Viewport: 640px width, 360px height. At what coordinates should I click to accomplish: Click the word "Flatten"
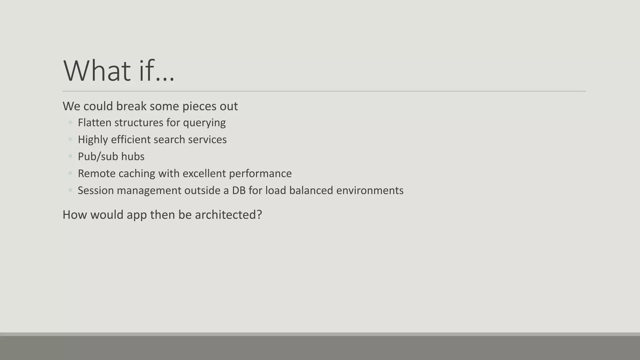94,122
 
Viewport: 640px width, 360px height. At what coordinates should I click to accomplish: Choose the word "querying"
204,123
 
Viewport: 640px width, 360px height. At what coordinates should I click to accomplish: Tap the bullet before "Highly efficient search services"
70,139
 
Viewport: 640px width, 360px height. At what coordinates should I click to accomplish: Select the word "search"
169,139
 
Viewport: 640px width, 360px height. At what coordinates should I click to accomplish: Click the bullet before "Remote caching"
70,173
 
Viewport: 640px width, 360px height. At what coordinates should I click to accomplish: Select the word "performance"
260,174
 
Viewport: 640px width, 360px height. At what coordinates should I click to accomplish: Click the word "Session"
96,190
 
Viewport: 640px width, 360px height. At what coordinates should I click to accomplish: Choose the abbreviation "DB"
239,190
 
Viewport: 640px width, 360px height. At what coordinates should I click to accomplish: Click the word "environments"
370,190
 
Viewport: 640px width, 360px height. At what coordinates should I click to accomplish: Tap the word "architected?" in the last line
228,215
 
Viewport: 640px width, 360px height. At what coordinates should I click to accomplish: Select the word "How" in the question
75,215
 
